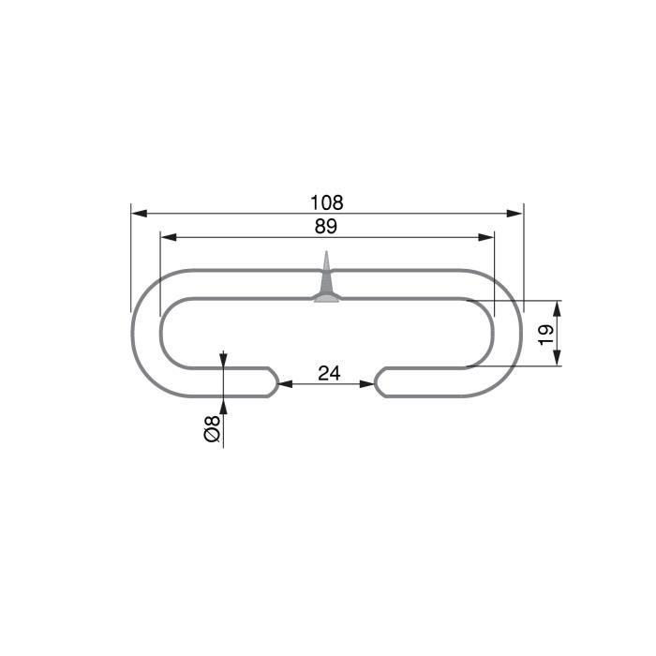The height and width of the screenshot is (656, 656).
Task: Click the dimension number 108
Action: coord(327,202)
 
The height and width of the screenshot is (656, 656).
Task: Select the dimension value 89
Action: coord(327,226)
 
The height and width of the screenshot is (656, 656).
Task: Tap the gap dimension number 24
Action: coord(328,373)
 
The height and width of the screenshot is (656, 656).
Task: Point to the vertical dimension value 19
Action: coord(546,333)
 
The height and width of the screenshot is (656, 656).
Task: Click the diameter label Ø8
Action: coord(213,429)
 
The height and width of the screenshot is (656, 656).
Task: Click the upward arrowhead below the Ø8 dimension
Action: coord(224,405)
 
